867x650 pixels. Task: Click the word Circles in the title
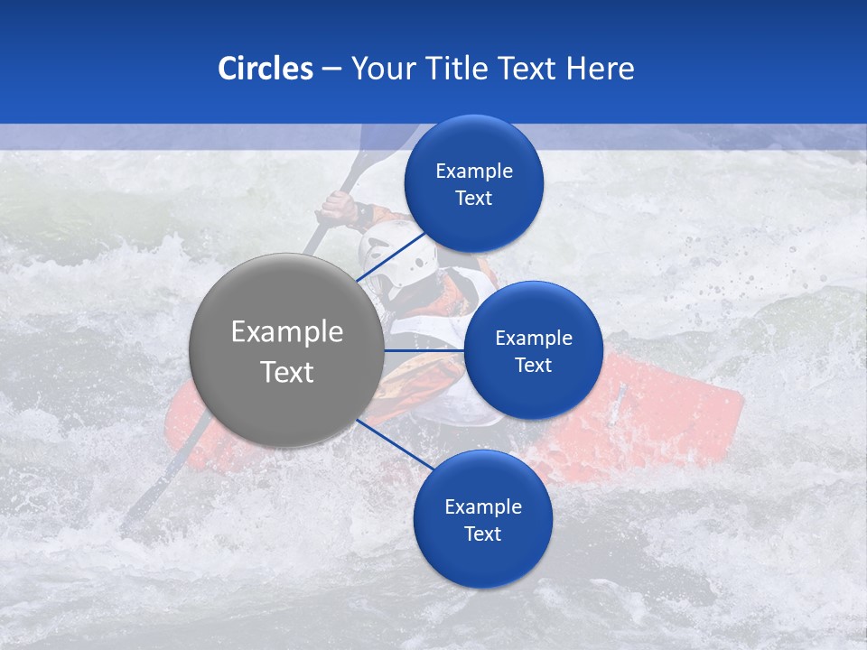coord(266,69)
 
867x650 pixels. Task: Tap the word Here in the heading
coord(600,69)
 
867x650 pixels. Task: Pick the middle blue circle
coord(533,394)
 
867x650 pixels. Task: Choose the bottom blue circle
coord(482,560)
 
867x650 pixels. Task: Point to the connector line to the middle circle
coord(424,350)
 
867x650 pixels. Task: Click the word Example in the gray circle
coord(286,331)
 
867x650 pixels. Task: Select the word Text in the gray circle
coord(286,372)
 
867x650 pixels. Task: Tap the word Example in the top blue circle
coord(474,171)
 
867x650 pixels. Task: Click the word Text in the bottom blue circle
coord(482,534)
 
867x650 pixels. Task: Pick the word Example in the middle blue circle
coord(533,339)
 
